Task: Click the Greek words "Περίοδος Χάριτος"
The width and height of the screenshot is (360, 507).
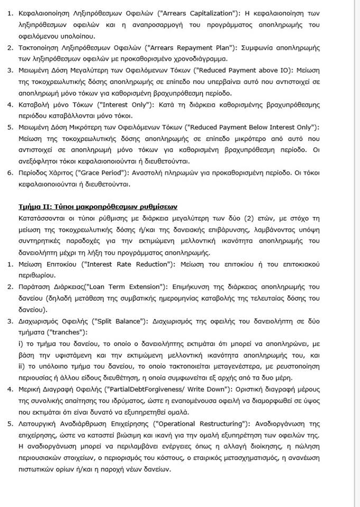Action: coord(46,173)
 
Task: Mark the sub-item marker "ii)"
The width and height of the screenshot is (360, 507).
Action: coord(22,367)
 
